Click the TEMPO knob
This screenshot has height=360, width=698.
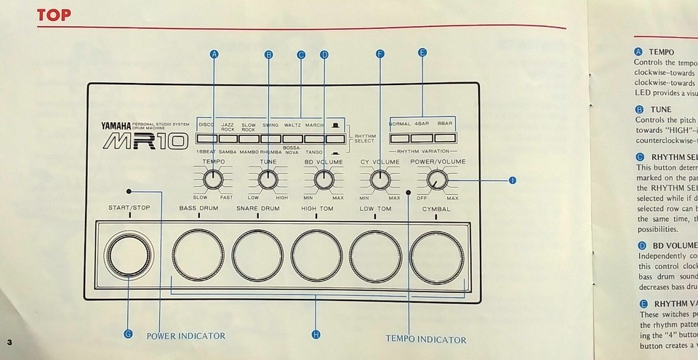point(214,178)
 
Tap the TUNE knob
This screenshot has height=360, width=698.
point(268,178)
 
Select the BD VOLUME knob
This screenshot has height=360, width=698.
point(324,178)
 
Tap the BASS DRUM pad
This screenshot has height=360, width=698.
point(198,255)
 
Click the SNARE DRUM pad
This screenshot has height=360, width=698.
point(257,255)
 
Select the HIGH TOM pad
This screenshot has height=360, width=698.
point(316,255)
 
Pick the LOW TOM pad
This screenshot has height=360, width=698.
point(375,255)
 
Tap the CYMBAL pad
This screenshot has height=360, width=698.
point(436,255)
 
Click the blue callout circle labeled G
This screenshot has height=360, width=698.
point(128,334)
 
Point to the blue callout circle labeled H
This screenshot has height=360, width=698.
point(316,334)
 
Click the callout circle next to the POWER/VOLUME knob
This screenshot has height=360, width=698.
point(513,180)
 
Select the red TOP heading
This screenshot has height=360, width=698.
point(55,15)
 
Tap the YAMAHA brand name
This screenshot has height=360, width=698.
point(117,126)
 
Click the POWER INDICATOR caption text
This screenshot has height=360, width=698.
point(186,336)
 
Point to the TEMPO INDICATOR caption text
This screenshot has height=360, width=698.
point(426,340)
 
